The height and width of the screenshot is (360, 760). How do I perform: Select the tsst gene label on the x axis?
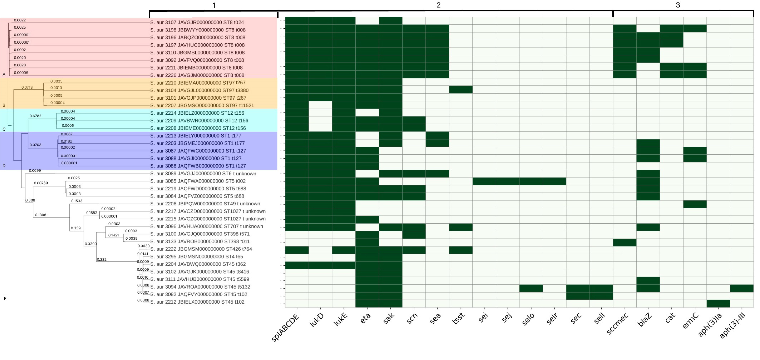[458, 318]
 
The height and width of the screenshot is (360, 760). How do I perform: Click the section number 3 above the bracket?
[678, 5]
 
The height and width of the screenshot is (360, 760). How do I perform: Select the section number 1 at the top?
[214, 5]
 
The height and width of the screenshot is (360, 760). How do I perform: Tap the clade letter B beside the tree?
[4, 105]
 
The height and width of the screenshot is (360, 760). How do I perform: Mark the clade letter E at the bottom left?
[5, 298]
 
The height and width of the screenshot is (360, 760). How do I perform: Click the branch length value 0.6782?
[35, 116]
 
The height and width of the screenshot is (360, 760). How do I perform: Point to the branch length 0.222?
[101, 259]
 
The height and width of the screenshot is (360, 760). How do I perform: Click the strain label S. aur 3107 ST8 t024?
[197, 22]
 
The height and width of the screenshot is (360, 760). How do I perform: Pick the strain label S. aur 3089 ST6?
[203, 174]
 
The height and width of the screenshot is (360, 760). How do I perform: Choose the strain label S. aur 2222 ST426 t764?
[201, 249]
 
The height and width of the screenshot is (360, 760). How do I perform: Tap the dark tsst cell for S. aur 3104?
[460, 89]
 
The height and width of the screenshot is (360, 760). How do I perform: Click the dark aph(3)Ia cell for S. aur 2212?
[718, 303]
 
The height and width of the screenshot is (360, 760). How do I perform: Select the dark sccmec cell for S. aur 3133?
[625, 242]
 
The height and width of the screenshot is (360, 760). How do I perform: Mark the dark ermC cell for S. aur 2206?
[695, 204]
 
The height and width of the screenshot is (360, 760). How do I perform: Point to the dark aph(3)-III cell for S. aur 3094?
[741, 288]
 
